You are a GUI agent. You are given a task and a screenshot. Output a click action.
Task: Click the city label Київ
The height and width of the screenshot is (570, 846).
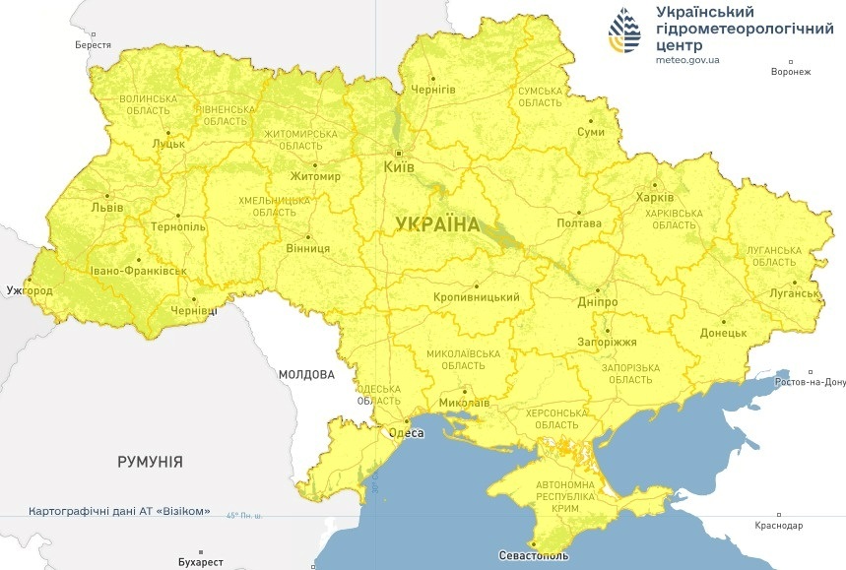(398, 167)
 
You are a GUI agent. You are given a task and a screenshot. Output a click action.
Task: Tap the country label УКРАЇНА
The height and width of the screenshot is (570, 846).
(437, 224)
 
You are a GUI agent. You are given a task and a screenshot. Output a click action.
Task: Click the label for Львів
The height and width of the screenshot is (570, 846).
(106, 208)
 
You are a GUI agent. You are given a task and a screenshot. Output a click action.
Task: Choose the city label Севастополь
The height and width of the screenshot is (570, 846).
(532, 556)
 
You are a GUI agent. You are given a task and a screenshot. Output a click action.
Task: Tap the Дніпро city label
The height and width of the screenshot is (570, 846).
(597, 301)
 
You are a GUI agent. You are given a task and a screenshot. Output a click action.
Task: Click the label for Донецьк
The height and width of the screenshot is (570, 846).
(723, 333)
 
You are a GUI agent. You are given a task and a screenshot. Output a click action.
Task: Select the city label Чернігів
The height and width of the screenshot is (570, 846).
(432, 90)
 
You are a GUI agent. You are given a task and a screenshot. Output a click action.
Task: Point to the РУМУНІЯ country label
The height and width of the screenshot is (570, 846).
(150, 461)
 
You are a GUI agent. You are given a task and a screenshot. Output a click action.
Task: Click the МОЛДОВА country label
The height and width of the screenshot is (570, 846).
(306, 374)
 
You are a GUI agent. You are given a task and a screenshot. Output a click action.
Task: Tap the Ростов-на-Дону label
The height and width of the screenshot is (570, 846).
(811, 382)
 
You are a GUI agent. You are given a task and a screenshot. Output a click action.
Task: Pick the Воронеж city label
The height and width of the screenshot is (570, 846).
(791, 72)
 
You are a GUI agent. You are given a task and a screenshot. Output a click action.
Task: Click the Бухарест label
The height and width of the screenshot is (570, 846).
(201, 562)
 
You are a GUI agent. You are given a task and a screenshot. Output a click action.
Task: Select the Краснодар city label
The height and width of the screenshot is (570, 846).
(778, 527)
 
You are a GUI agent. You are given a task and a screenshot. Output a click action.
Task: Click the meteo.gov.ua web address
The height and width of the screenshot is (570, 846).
(686, 59)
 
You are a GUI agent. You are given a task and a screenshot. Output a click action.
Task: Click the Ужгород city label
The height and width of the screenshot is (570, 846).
(29, 291)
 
